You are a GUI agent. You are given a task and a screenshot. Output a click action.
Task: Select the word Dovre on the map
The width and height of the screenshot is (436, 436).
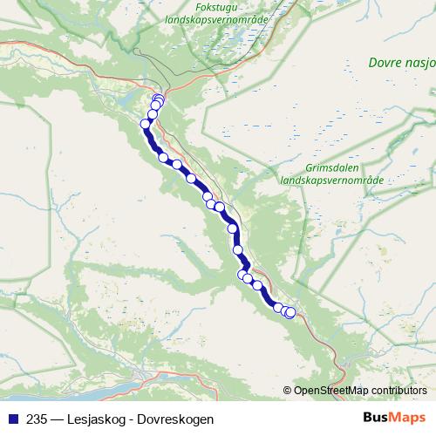385,63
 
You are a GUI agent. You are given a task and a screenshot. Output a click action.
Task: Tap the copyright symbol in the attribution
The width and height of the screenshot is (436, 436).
287,391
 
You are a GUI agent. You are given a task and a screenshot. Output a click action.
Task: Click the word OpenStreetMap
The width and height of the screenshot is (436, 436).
330,391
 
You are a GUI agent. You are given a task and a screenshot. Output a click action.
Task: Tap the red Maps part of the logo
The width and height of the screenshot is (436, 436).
409,418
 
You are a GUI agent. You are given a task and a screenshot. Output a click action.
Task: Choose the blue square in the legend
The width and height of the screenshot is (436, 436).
12,419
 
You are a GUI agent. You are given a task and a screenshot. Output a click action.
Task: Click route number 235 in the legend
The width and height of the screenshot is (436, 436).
37,419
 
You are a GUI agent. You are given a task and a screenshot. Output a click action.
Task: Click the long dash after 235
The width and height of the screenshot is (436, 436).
57,419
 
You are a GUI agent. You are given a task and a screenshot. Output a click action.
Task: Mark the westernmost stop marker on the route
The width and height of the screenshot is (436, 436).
146,124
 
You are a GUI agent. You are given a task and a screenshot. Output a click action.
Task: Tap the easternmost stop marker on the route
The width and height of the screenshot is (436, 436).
290,313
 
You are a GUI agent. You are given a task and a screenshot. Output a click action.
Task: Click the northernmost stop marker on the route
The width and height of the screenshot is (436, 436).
158,99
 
